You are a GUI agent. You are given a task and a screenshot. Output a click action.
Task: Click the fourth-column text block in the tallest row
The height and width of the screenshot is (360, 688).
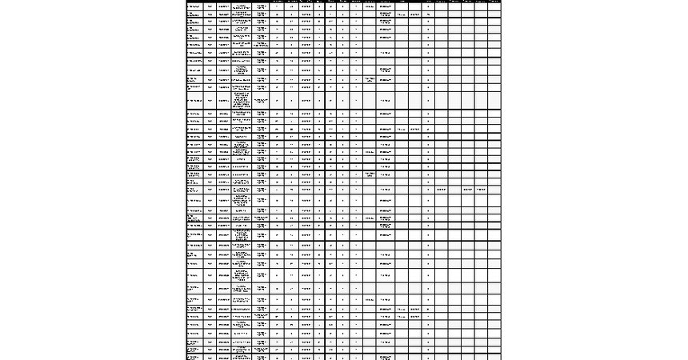point(242,101)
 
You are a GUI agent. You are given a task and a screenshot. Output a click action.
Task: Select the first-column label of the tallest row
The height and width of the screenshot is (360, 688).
point(194,101)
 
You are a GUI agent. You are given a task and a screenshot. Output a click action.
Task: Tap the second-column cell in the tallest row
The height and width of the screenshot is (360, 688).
point(210,101)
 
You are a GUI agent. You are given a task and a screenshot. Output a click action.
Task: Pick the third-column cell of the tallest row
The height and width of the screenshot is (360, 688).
point(223,101)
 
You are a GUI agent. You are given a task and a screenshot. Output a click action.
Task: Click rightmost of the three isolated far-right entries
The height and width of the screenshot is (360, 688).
point(482,189)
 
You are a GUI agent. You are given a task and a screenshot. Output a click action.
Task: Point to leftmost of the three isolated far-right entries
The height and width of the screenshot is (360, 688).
point(441,189)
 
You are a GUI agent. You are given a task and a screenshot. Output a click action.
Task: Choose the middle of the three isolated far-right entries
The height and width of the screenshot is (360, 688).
point(468,189)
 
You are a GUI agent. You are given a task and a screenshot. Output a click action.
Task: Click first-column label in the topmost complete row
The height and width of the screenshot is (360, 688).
point(194,8)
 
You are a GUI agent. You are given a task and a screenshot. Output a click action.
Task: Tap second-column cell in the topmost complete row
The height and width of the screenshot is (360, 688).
point(210,8)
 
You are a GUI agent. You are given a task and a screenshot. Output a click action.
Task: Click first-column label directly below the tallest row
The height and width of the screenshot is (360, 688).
point(194,115)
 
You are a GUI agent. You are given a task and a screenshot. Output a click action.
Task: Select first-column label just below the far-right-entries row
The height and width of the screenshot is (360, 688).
point(194,200)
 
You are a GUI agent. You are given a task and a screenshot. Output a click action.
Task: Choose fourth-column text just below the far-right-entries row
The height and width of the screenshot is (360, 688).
point(242,200)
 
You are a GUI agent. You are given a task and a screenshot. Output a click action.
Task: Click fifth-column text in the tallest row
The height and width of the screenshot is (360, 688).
point(261,101)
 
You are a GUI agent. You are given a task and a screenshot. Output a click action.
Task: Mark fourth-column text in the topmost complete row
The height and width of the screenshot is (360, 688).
point(242,8)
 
